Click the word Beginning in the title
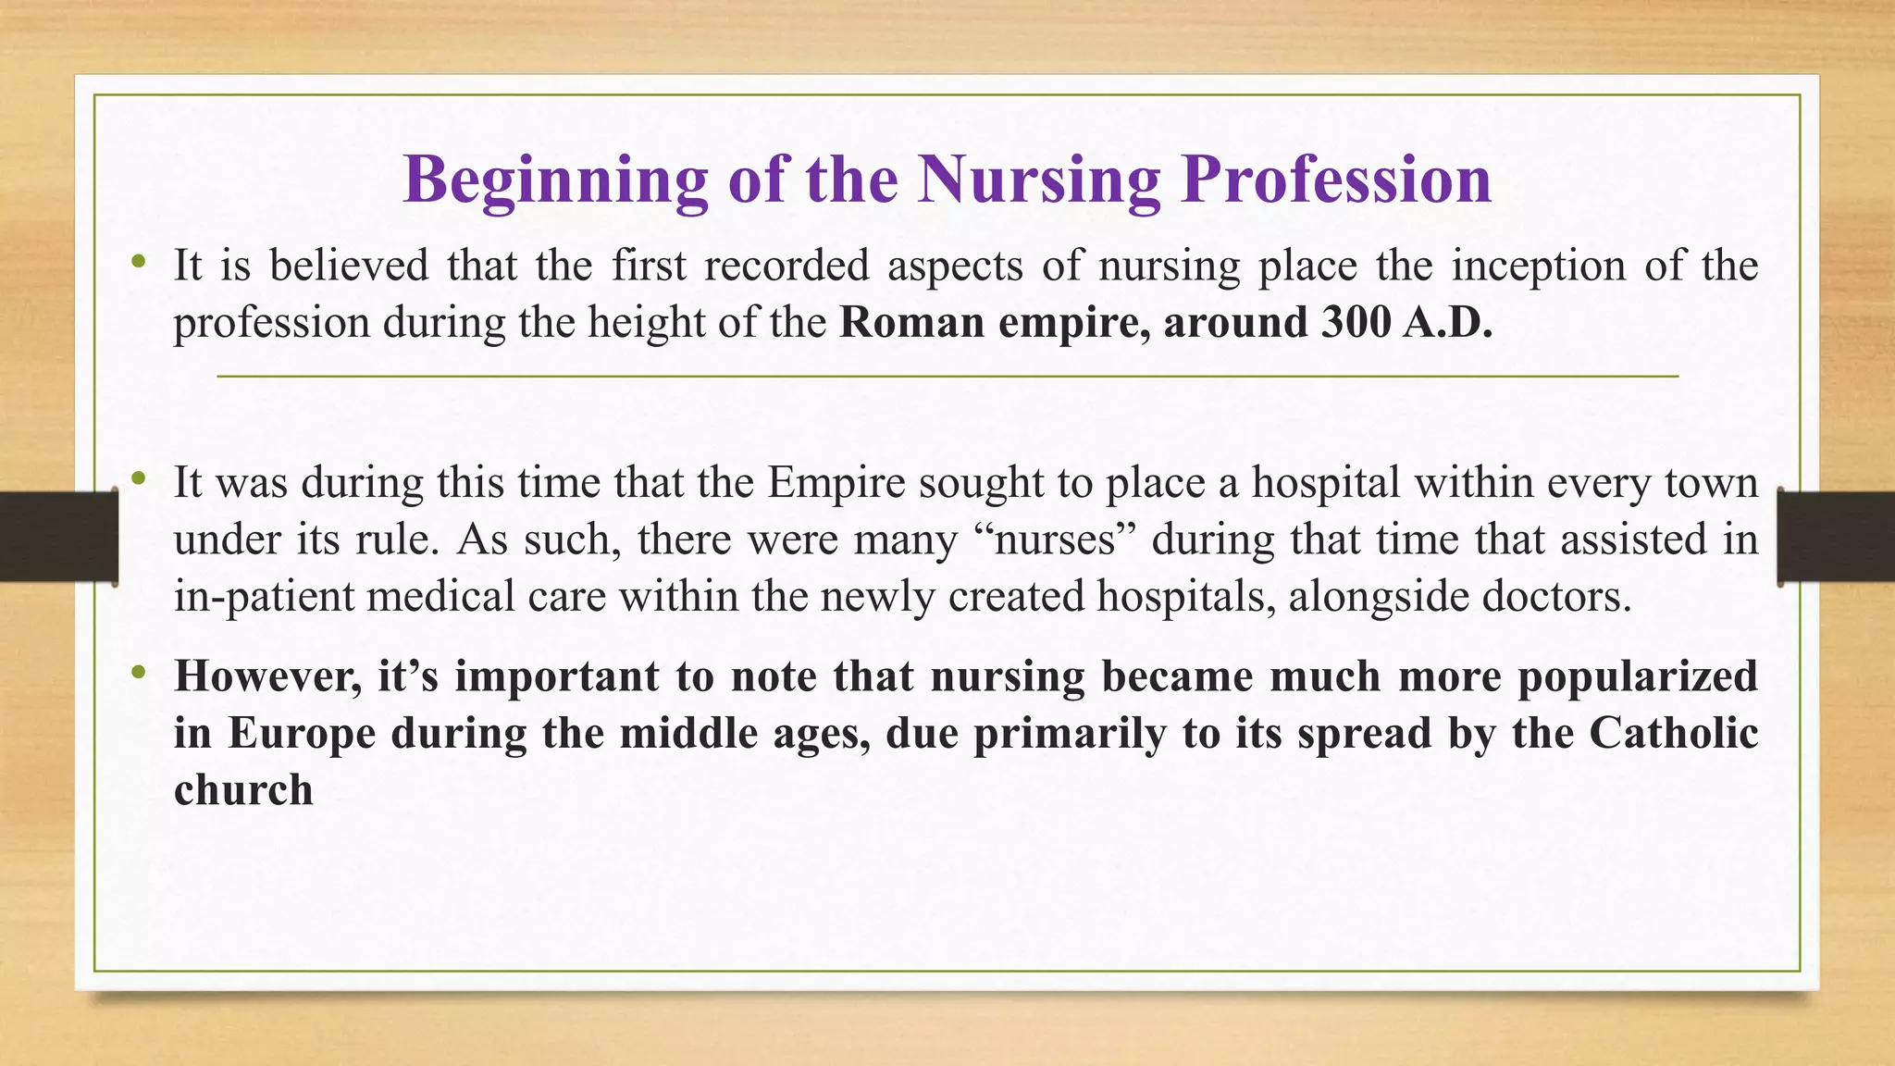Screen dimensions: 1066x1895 pyautogui.click(x=555, y=180)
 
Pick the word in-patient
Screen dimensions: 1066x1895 pyautogui.click(x=264, y=597)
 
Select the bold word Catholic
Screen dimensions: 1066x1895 pyautogui.click(x=1674, y=734)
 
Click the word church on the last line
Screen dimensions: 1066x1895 pyautogui.click(x=243, y=790)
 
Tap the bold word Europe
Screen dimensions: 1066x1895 pyautogui.click(x=302, y=734)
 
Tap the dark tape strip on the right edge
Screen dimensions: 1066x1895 pyautogui.click(x=1836, y=537)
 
